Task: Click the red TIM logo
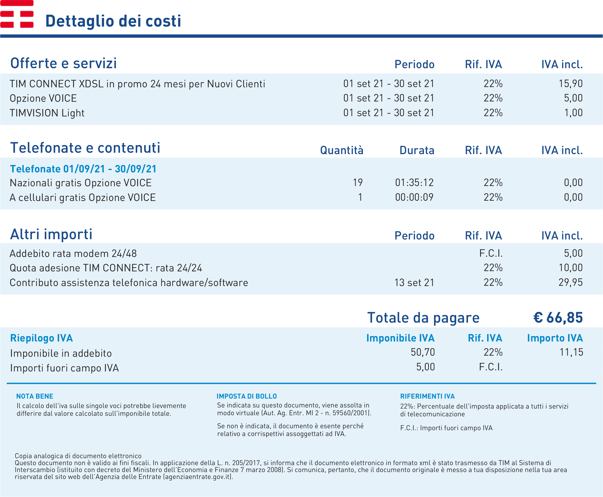[17, 14]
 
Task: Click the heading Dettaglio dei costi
[113, 21]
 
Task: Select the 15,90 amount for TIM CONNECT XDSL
[571, 84]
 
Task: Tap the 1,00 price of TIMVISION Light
[573, 113]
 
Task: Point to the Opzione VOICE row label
[43, 98]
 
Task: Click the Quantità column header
[342, 150]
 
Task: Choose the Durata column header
[417, 150]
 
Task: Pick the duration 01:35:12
[414, 183]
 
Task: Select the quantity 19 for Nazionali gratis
[358, 183]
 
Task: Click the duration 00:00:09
[414, 197]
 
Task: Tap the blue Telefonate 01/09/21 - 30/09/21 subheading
[83, 169]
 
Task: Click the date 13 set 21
[414, 282]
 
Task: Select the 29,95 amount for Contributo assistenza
[571, 282]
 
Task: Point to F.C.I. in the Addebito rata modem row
[491, 253]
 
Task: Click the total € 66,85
[558, 317]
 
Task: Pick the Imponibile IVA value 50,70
[423, 352]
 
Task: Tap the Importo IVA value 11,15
[571, 352]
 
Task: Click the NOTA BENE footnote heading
[35, 396]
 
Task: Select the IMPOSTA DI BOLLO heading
[246, 396]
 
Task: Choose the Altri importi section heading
[51, 234]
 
